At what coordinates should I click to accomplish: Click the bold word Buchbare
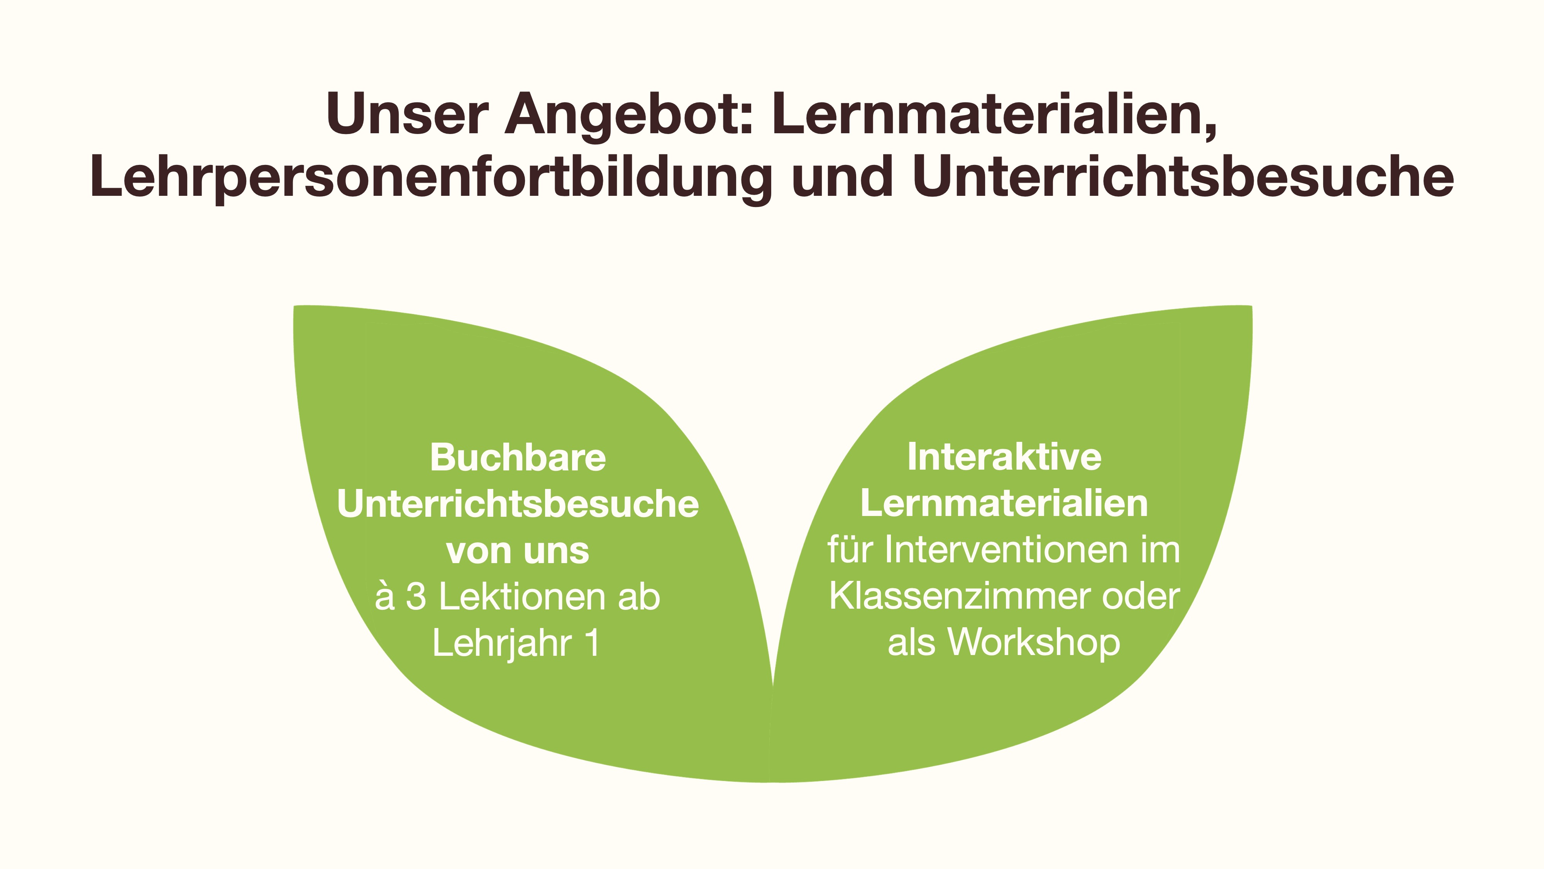(518, 458)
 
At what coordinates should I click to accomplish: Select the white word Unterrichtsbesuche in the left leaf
(518, 504)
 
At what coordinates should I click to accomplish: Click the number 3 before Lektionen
(415, 597)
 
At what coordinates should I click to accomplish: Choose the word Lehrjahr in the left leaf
(502, 643)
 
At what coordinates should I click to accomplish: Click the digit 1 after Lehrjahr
(592, 643)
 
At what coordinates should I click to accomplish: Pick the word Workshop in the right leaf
(1034, 643)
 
